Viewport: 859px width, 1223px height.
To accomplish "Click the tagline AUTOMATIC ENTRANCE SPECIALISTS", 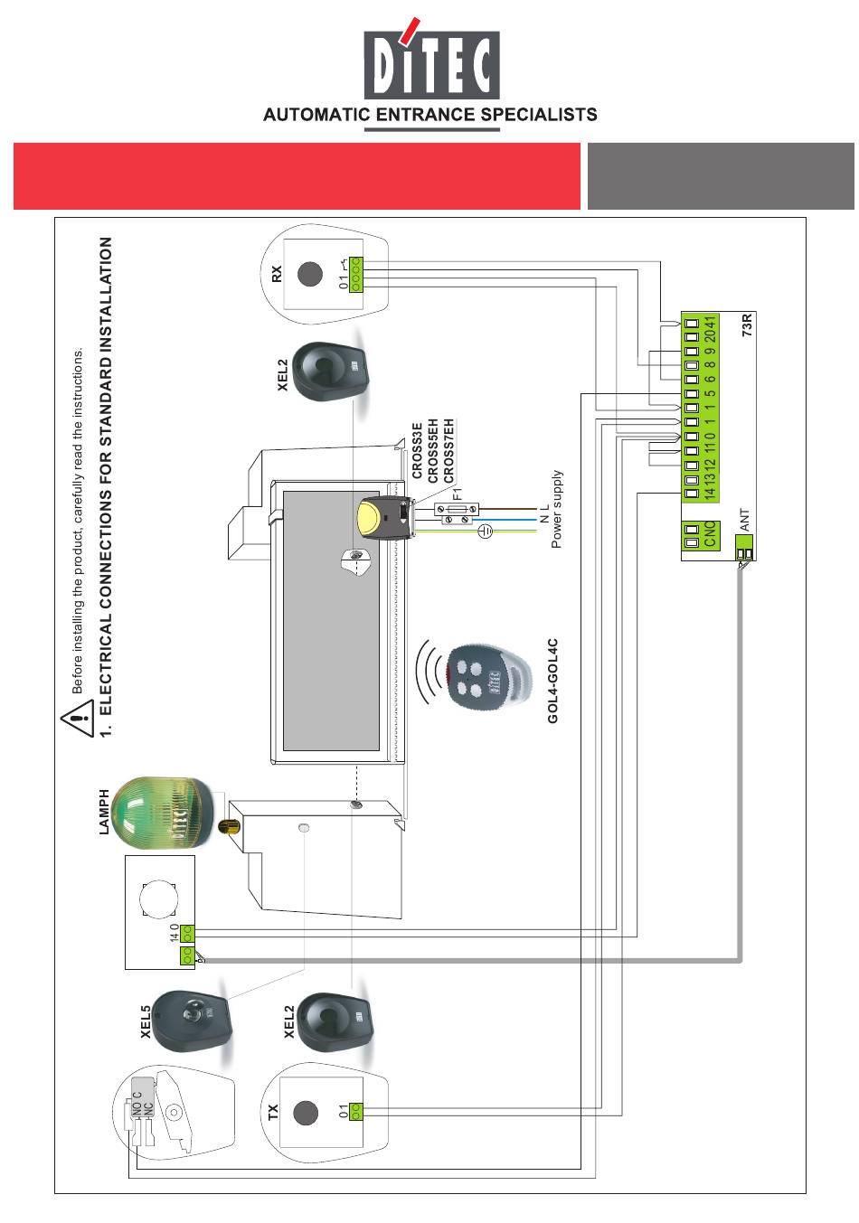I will click(x=429, y=115).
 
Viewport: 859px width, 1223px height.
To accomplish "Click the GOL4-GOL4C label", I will click(x=553, y=681).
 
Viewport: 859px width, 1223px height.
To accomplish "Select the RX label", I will click(x=278, y=272).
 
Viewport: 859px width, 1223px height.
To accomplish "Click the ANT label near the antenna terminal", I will click(x=745, y=521).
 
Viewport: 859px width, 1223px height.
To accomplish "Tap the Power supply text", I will click(x=556, y=509).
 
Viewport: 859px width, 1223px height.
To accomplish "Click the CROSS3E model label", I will click(x=417, y=451).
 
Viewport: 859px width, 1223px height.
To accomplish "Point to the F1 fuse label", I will click(x=458, y=494).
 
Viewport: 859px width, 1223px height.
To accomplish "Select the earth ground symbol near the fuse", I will click(x=484, y=531).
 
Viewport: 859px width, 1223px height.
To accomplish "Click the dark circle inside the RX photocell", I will click(x=311, y=273).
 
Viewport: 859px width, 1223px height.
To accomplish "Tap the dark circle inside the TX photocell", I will click(x=306, y=1112).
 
